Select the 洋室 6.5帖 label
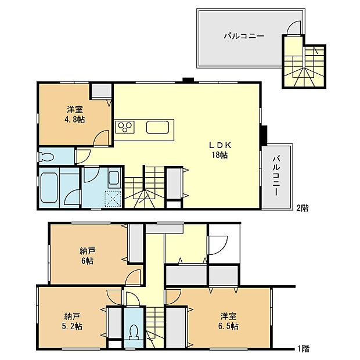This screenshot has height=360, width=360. (x=229, y=321)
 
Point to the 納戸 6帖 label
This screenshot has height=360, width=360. (x=87, y=255)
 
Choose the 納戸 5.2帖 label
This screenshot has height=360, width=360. (x=73, y=321)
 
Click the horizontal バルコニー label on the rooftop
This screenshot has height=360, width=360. (x=244, y=36)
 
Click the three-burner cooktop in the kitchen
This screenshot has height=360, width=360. (x=125, y=127)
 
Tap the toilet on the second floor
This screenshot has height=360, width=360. (x=46, y=156)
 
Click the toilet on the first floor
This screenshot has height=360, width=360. (x=134, y=333)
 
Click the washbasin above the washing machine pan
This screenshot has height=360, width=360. (x=114, y=178)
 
